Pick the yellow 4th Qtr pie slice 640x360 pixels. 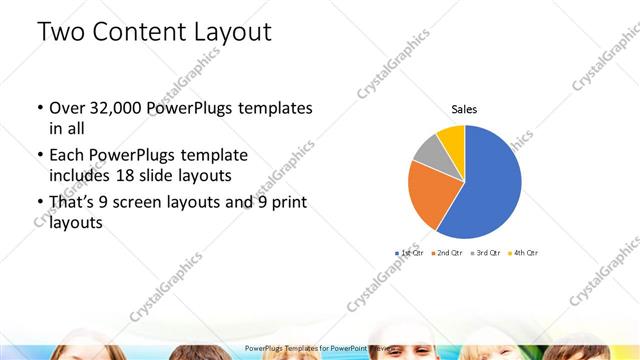pyautogui.click(x=451, y=136)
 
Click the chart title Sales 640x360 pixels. pyautogui.click(x=464, y=108)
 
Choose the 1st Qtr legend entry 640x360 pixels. pyautogui.click(x=410, y=252)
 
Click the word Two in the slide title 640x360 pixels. pyautogui.click(x=62, y=32)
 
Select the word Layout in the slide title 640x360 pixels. pyautogui.click(x=232, y=32)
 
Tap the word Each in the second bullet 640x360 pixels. pyautogui.click(x=68, y=156)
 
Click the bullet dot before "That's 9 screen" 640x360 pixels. pyautogui.click(x=39, y=204)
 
